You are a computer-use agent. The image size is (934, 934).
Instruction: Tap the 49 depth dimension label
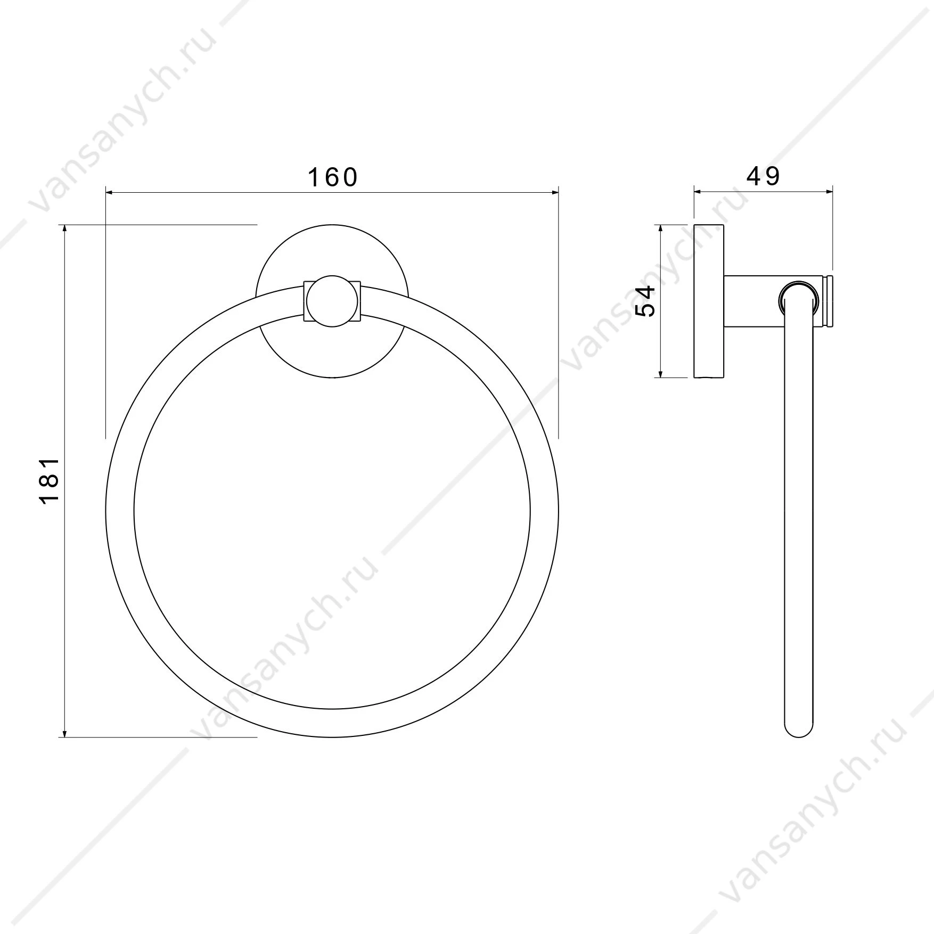763,177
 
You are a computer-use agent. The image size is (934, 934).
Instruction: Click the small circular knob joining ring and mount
332,301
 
